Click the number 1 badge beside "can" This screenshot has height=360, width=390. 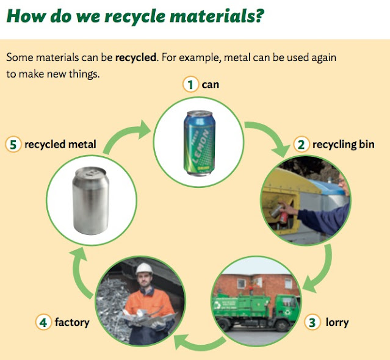(x=191, y=85)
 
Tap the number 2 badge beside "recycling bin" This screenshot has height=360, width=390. (x=301, y=145)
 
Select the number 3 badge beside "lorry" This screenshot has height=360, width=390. (x=313, y=322)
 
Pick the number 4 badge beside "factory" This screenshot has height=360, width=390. (x=43, y=322)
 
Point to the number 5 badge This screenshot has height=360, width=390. (x=13, y=145)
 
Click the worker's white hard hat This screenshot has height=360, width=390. (x=144, y=269)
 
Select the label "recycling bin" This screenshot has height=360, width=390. (x=343, y=145)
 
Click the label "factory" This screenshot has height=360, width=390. (x=71, y=322)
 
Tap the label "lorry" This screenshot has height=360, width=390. (x=336, y=322)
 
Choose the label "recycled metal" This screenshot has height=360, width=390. (x=60, y=145)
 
